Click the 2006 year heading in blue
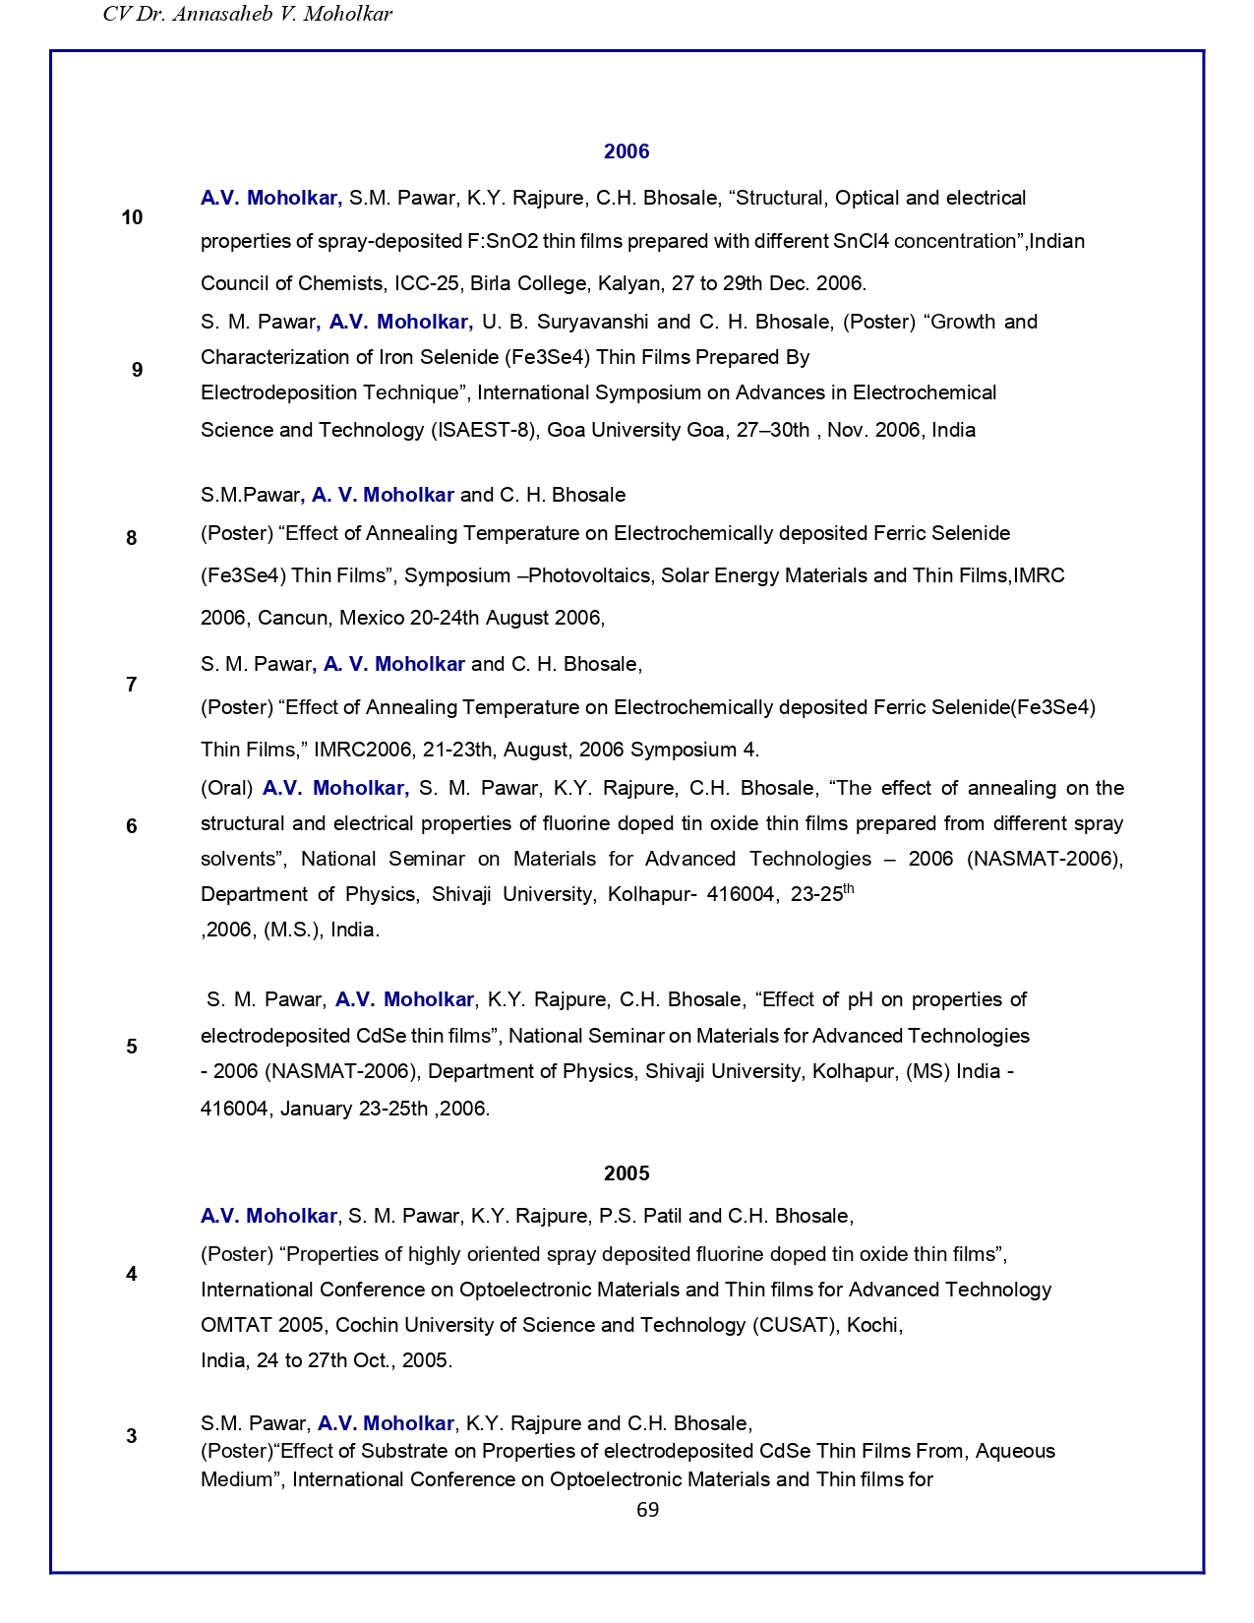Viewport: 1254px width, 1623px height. (x=627, y=151)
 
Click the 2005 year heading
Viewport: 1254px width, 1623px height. (x=627, y=1173)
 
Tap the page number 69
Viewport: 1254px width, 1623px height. (x=647, y=1510)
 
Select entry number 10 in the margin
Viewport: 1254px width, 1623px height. (x=132, y=217)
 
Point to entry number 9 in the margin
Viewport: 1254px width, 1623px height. (x=137, y=370)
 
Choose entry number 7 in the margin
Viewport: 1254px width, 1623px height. (x=132, y=685)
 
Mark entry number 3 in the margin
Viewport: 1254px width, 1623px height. (x=132, y=1436)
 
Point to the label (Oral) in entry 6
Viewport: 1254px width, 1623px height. (x=226, y=788)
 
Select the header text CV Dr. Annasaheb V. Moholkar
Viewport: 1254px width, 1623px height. (x=248, y=14)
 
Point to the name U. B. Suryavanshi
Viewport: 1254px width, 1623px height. (x=566, y=322)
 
